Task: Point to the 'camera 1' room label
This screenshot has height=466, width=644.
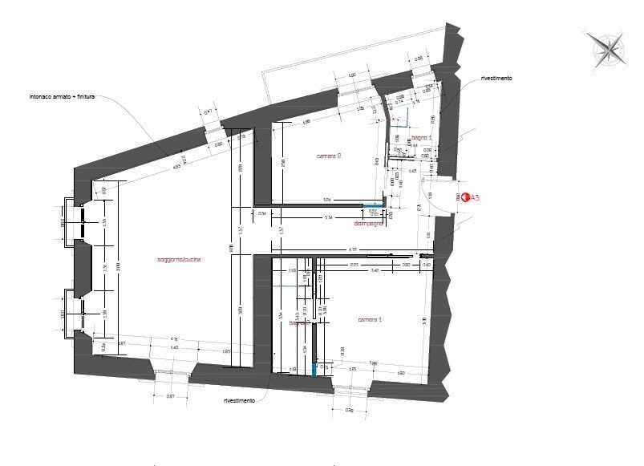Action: click(369, 319)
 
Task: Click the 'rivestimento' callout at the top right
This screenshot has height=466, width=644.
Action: click(496, 79)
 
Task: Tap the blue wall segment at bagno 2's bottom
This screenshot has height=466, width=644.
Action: click(315, 368)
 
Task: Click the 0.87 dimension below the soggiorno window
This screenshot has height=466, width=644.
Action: click(170, 397)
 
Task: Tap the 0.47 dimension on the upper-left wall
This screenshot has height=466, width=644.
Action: click(207, 112)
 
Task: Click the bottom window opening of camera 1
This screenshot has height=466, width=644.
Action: click(350, 391)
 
